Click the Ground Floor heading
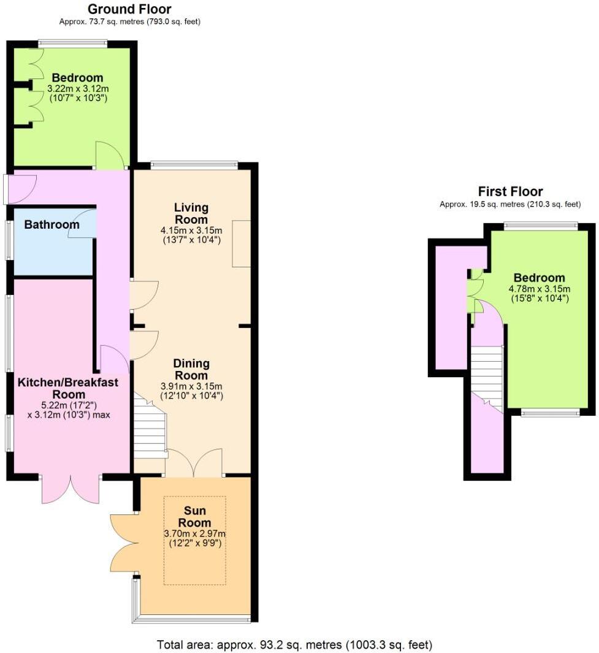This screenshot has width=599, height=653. pos(129,9)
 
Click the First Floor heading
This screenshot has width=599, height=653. pos(510,191)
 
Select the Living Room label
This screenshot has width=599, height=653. pos(191,213)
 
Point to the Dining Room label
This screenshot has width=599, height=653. pos(191,369)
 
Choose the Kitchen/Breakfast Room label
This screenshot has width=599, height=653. pos(68,388)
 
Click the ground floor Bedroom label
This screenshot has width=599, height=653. pos(77,78)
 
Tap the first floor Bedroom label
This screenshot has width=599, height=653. pos(539,277)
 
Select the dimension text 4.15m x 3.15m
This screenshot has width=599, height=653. pos(191,231)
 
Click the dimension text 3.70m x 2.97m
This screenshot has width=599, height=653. pos(194,533)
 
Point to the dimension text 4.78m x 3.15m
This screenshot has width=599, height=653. pos(539,289)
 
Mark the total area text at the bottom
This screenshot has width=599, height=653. pos(294,644)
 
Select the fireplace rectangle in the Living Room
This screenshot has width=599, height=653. pos(241,243)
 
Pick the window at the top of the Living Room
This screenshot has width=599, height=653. pos(194,164)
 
